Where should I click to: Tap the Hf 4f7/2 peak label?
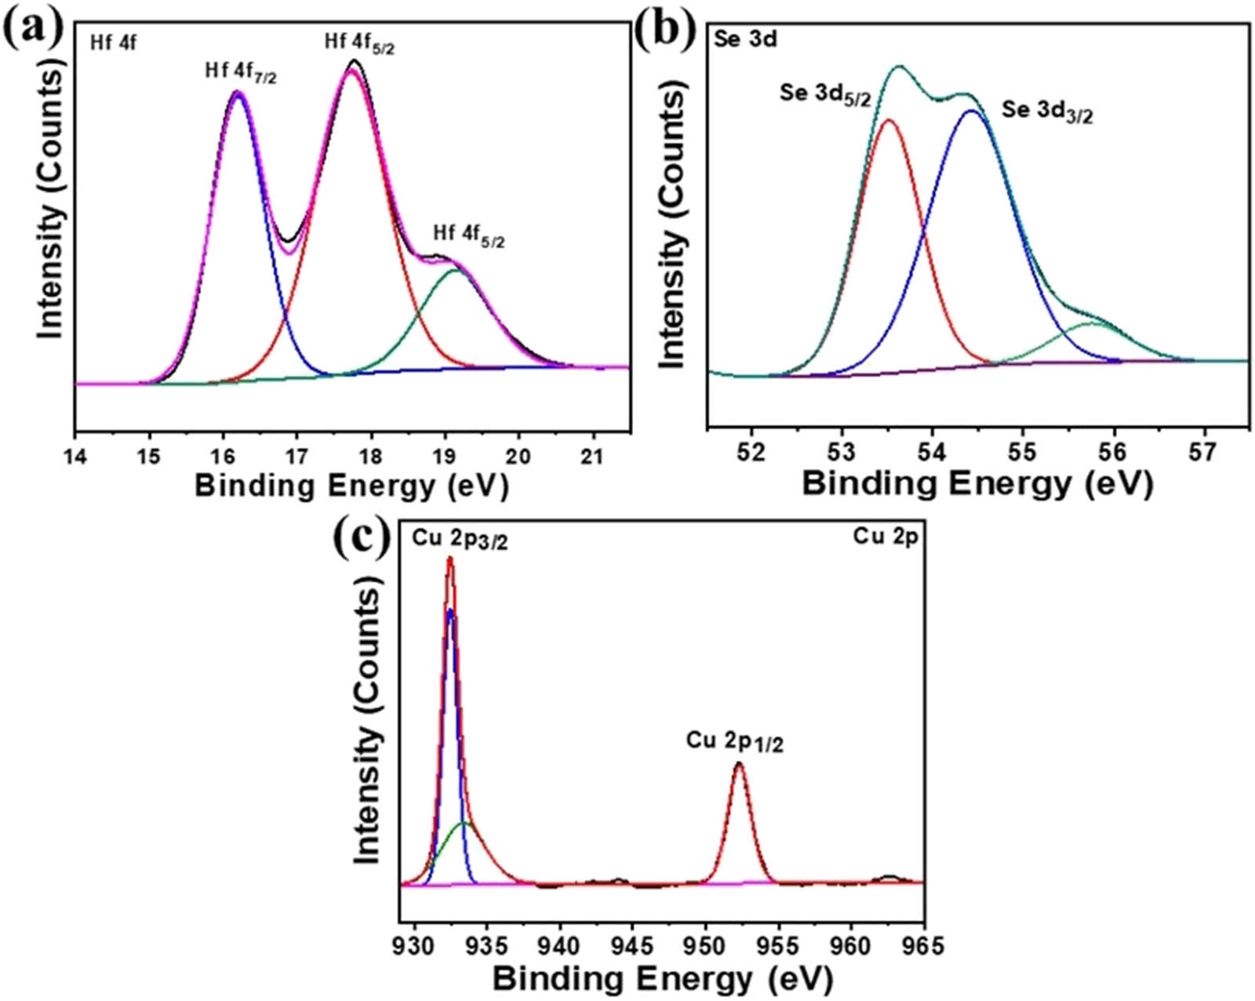coord(241,73)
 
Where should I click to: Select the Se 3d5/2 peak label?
coord(825,94)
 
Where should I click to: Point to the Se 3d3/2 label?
coord(1047,111)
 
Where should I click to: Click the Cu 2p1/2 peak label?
coord(735,741)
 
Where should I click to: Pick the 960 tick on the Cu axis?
coord(851,945)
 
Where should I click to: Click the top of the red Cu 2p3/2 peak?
coord(449,559)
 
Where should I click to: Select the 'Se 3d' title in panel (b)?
coord(745,39)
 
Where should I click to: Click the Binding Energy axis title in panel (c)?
coord(663,979)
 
